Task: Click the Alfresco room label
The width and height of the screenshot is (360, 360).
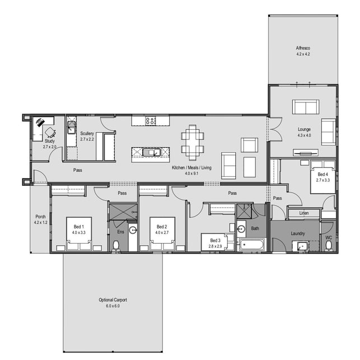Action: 303,48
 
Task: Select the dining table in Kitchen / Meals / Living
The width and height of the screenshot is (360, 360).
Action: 193,142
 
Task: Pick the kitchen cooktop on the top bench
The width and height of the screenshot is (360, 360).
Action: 151,120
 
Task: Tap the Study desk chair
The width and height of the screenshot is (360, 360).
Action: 50,133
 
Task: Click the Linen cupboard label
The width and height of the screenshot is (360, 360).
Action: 304,213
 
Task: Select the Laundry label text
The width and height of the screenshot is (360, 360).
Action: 297,233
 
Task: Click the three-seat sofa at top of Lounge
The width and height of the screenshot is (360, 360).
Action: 306,106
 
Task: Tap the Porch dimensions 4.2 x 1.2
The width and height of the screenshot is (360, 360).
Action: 40,223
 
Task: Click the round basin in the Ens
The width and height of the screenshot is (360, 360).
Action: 133,230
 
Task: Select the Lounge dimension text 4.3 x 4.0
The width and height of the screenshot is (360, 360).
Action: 304,135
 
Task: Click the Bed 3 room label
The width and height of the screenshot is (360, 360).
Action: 216,240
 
